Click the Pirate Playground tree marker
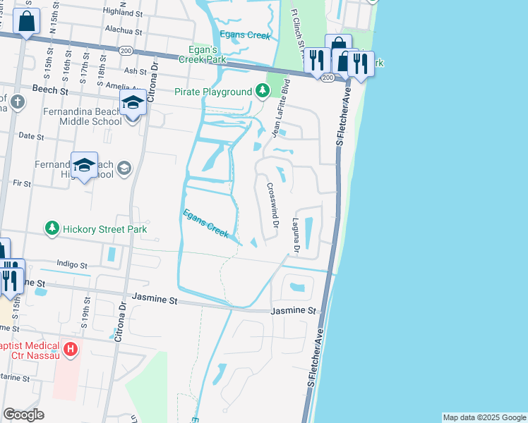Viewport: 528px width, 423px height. click(263, 92)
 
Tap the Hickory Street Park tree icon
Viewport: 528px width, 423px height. click(52, 228)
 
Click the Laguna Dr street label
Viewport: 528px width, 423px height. click(296, 235)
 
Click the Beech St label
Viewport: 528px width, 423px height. click(50, 90)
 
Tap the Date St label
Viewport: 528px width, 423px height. click(31, 135)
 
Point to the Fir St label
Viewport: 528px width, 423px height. click(22, 183)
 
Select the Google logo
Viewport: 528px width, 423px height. click(24, 415)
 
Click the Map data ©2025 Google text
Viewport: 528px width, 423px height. click(484, 417)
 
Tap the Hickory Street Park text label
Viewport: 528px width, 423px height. click(104, 229)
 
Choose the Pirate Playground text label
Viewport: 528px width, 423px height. click(213, 92)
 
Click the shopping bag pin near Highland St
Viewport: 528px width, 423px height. click(27, 23)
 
